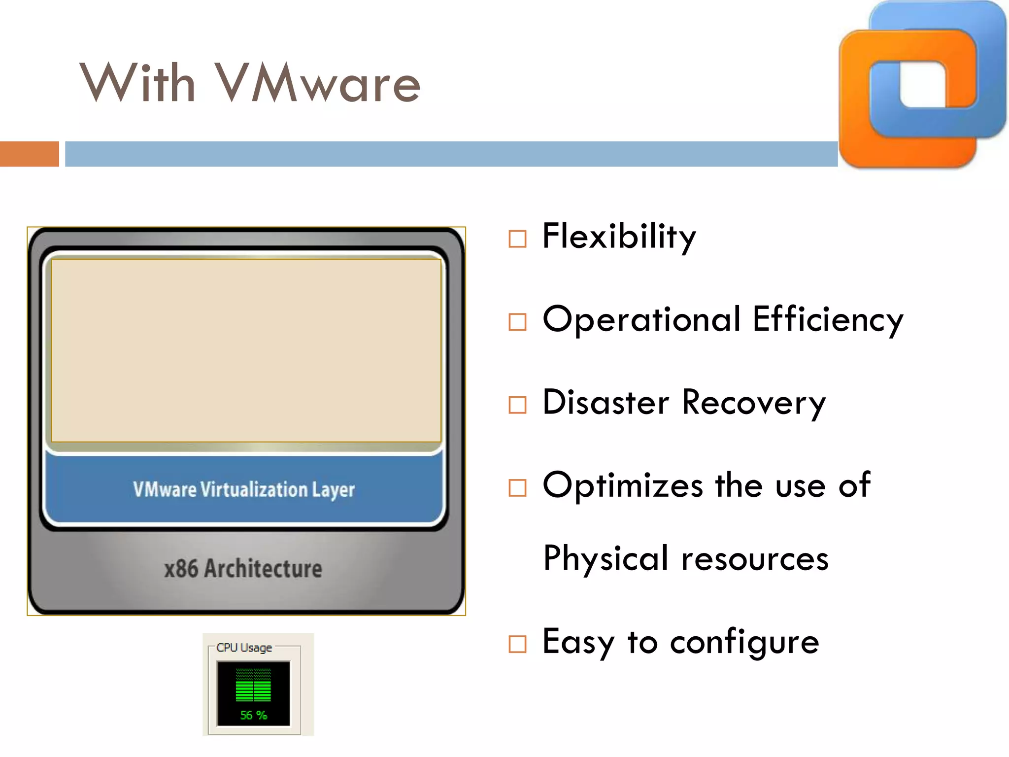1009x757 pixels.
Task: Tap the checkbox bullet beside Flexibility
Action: point(517,239)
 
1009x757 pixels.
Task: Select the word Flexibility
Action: point(619,237)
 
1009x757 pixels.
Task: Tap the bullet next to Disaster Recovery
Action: point(517,405)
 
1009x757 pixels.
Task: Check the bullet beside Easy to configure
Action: point(517,644)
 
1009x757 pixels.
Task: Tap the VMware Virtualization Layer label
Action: point(244,490)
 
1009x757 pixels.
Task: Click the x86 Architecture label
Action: point(243,569)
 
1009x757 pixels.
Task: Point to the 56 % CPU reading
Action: point(253,715)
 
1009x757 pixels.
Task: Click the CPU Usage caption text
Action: point(244,648)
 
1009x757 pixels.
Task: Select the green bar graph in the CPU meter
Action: point(253,686)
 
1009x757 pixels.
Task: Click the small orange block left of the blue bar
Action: point(29,154)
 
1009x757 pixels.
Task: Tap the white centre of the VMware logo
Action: point(922,84)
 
